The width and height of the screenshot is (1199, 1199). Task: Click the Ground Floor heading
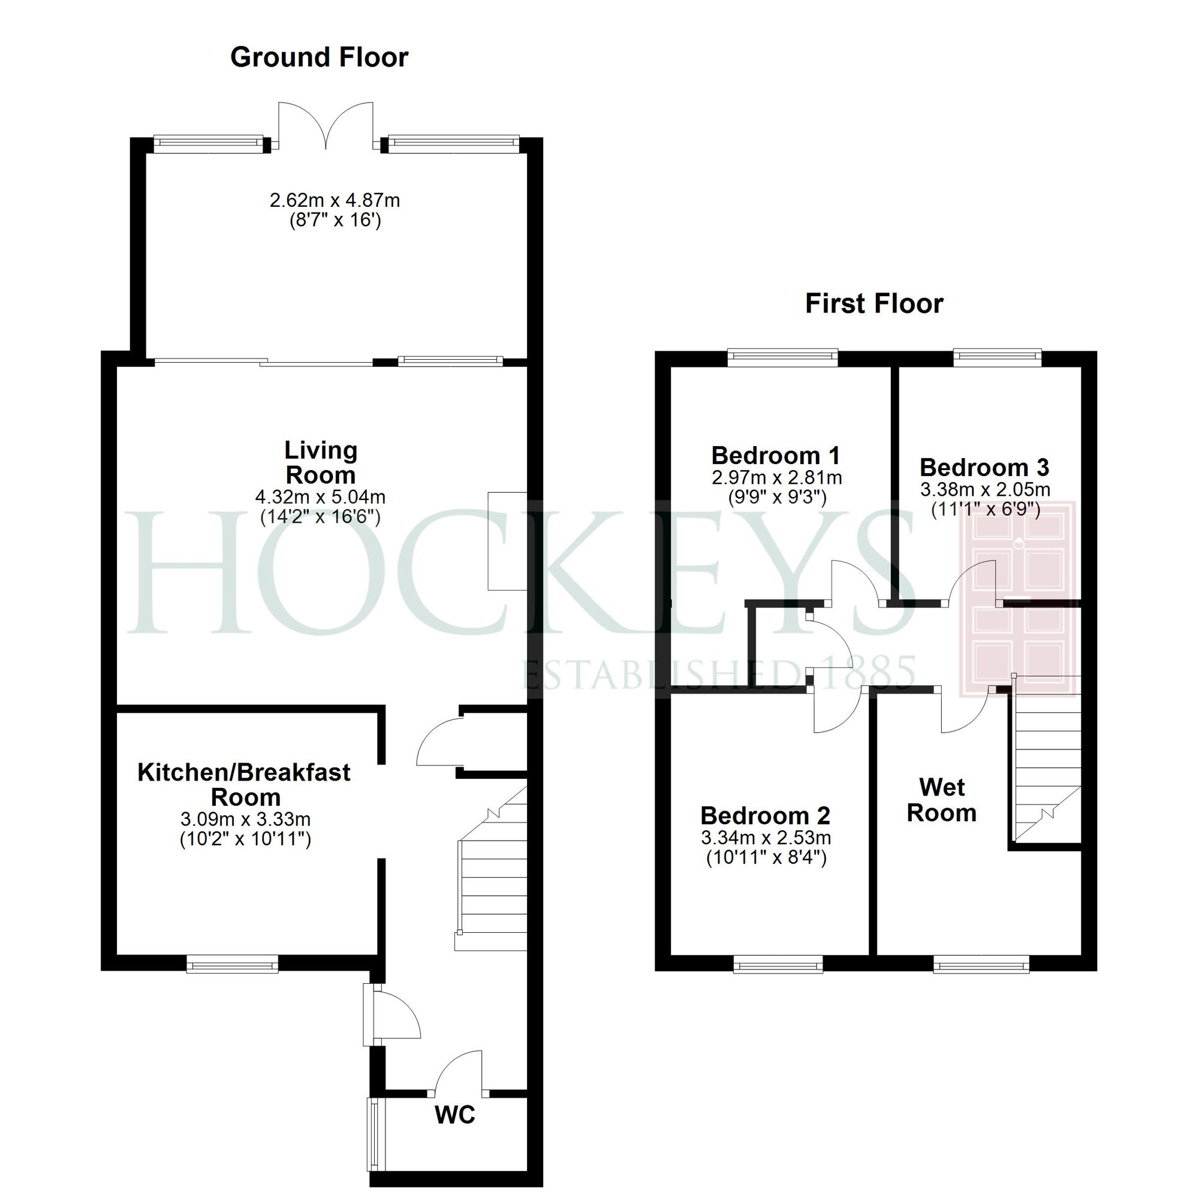point(319,58)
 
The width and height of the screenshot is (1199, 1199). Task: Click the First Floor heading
point(874,304)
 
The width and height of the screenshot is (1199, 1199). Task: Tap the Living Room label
point(320,463)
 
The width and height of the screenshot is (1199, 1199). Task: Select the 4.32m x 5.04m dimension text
point(320,497)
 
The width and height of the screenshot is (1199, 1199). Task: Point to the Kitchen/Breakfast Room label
point(244,784)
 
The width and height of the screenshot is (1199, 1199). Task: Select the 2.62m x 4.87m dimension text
point(335,200)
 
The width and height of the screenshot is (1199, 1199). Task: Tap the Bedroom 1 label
point(775,456)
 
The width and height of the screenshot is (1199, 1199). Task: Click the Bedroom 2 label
point(765,815)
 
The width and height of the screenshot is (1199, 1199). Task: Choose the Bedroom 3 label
point(984,468)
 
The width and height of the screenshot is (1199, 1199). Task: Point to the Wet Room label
point(941,800)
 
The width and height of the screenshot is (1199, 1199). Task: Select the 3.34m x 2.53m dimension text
point(766,838)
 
